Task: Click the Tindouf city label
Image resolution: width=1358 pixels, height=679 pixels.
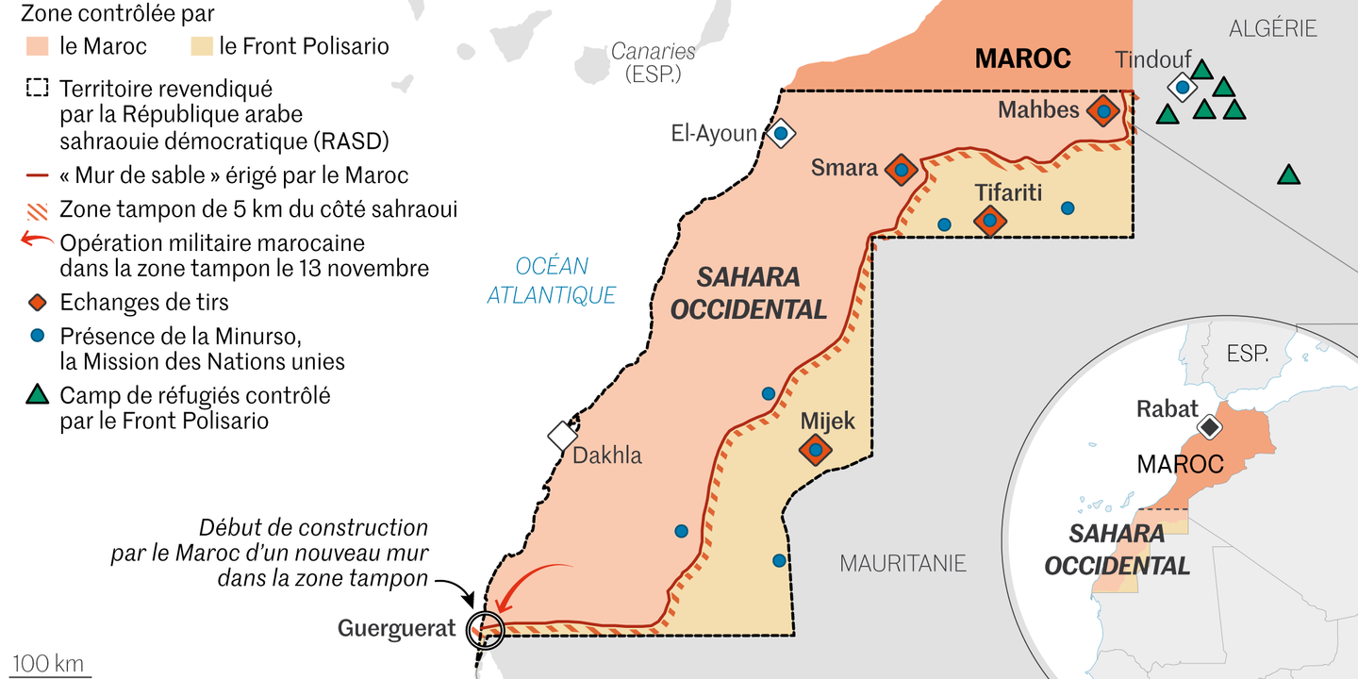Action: pos(1153,60)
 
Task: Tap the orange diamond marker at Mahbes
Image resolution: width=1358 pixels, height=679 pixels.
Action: pos(1103,111)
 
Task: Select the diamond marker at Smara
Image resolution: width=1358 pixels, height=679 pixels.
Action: pos(901,170)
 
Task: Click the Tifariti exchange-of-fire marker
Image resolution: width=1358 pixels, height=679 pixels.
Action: pos(989,222)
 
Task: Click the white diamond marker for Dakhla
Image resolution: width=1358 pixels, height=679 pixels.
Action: pos(563,436)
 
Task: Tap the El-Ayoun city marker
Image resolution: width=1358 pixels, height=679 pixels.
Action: pos(781,132)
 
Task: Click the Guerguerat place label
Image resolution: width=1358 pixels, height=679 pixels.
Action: pos(396,628)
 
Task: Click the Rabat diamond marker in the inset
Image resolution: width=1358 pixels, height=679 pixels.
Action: pos(1209,427)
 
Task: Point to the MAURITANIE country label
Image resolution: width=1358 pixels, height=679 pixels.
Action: pos(903,564)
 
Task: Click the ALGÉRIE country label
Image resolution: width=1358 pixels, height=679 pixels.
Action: pos(1272,29)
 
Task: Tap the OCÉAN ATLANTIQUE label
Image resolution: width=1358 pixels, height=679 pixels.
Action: pos(552,281)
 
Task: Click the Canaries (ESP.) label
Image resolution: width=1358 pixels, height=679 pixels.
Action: pos(653,62)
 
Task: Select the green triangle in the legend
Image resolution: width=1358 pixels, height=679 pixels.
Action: pos(37,395)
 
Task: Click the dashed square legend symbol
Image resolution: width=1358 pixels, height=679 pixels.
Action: pos(37,89)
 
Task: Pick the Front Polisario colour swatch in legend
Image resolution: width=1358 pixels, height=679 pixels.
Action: pos(201,46)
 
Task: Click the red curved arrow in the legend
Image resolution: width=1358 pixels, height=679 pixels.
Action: pos(37,240)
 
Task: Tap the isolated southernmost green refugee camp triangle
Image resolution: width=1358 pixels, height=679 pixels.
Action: pos(1288,175)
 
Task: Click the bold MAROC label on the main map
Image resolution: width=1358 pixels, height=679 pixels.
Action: pos(1022,58)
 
